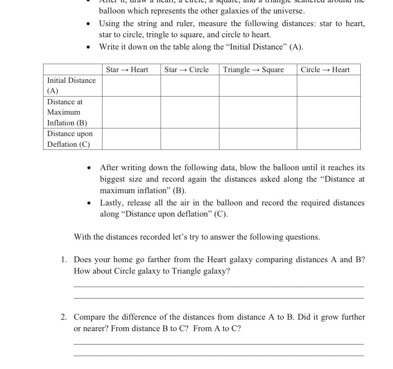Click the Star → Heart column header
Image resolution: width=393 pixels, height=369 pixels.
(x=127, y=70)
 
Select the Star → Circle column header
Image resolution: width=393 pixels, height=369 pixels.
(x=186, y=70)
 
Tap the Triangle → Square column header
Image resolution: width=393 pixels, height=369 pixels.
(x=253, y=70)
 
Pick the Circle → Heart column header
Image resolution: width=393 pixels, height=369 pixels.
(x=325, y=70)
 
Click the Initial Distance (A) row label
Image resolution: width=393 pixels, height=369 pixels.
(x=72, y=85)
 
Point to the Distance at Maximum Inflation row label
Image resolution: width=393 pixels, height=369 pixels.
(x=67, y=112)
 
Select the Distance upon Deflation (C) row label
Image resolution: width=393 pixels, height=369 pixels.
(x=70, y=139)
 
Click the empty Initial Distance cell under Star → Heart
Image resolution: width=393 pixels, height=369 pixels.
(x=131, y=85)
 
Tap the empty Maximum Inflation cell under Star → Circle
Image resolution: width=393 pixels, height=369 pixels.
(x=189, y=112)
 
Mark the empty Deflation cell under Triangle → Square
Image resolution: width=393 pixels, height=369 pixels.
(x=258, y=139)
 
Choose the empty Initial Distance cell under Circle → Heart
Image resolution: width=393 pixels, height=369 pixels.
(x=328, y=85)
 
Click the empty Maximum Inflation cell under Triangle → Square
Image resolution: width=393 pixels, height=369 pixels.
(x=258, y=112)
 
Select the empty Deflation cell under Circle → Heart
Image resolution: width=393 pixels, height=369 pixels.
(x=328, y=139)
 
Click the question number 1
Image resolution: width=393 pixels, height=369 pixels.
(x=64, y=260)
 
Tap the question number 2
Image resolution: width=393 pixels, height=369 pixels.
(x=64, y=317)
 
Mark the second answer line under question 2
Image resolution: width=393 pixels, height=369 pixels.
(x=219, y=355)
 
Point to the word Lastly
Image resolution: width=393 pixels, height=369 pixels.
(x=111, y=203)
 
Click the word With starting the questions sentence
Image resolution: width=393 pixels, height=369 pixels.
(x=82, y=237)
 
